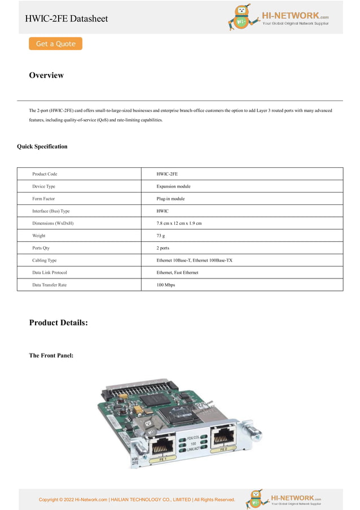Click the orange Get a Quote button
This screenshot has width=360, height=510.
click(x=55, y=43)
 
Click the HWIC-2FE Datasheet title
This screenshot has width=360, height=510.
click(x=66, y=19)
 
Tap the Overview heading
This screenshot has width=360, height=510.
click(x=46, y=75)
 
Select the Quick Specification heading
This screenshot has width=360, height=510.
click(x=42, y=146)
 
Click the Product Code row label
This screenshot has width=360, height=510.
click(x=45, y=174)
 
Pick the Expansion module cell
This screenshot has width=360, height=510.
click(x=173, y=186)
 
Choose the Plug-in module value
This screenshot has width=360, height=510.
click(x=170, y=199)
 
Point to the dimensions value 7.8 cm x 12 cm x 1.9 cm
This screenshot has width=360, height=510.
click(x=179, y=223)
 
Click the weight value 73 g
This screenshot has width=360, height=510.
click(x=161, y=236)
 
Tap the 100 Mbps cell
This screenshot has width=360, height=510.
click(x=166, y=285)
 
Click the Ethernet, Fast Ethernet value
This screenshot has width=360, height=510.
click(x=177, y=272)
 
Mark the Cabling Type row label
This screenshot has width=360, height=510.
click(x=45, y=260)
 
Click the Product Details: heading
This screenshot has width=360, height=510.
click(x=58, y=322)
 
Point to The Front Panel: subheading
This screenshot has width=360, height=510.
click(x=51, y=355)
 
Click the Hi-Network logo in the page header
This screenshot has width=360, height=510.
click(x=279, y=18)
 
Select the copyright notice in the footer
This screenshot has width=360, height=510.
click(x=137, y=499)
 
